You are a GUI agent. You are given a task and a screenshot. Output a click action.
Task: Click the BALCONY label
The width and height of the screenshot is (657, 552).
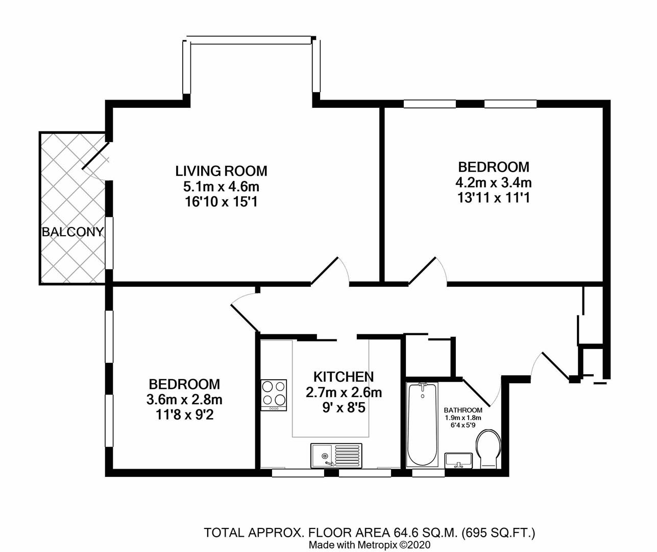point(72,232)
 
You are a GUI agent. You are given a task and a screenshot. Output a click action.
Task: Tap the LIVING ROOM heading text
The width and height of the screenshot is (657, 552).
point(221,171)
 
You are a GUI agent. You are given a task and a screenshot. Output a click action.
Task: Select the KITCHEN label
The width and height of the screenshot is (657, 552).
point(343,377)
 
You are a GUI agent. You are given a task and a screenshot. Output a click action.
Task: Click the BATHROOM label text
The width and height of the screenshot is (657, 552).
point(463,410)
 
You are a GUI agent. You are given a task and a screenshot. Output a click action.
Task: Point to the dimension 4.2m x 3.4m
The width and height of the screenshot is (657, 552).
point(493,182)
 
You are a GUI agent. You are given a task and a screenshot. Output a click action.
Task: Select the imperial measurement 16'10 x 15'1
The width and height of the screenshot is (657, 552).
point(221,202)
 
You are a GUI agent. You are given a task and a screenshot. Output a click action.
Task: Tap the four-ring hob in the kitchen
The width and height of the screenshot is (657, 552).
point(274,395)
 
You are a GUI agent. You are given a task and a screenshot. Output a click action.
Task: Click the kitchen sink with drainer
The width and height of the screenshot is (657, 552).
point(336,455)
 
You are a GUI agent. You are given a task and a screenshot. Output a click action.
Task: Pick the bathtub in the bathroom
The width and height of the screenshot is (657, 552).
point(422,424)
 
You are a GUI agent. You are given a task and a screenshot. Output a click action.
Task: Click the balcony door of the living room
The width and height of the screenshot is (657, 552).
point(95,156)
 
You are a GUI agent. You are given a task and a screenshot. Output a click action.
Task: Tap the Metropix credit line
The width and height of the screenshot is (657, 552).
point(370,545)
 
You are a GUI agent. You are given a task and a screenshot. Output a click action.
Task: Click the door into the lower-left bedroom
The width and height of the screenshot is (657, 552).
point(244,316)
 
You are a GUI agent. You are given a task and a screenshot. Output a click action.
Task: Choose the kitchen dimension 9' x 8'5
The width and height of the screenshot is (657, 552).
point(343,408)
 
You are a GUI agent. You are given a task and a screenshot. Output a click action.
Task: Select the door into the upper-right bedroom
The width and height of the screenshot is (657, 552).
point(425,271)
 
